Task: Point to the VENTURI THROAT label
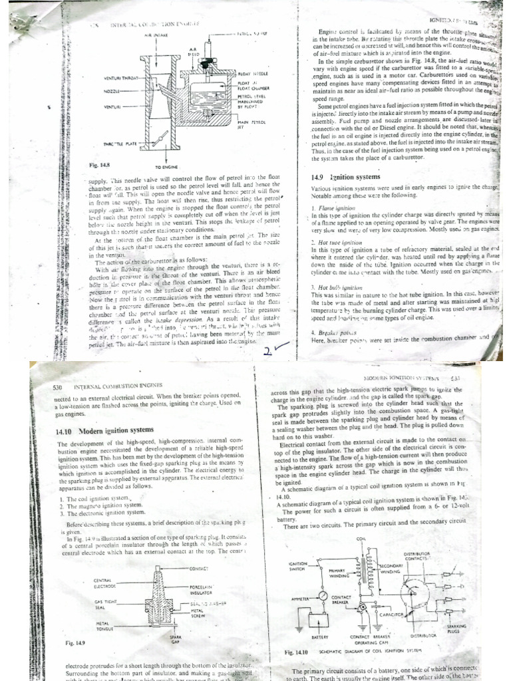(x=123, y=78)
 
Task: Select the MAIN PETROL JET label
(x=269, y=125)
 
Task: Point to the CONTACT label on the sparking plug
(x=200, y=569)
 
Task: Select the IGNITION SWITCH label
(x=297, y=565)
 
